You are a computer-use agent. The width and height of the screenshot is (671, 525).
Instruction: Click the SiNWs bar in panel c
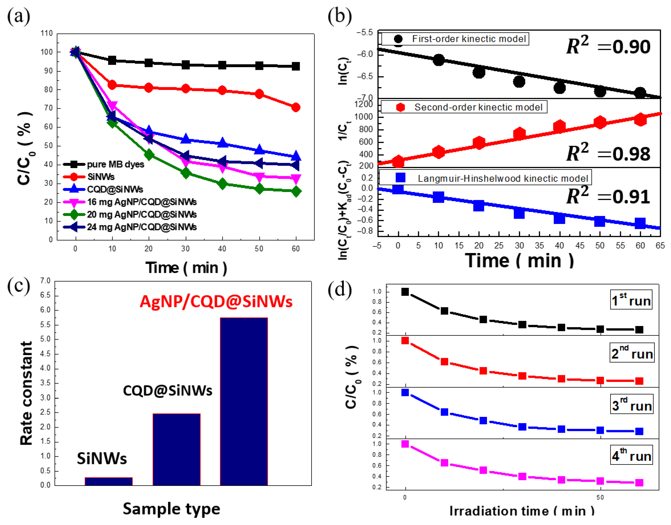point(109,481)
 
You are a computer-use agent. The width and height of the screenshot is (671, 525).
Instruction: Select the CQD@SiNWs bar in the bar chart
point(177,449)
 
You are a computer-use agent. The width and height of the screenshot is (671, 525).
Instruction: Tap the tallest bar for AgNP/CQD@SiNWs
point(244,401)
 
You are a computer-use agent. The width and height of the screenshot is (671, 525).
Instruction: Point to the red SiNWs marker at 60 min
point(296,107)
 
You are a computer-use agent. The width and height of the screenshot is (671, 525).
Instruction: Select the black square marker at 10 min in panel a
point(112,60)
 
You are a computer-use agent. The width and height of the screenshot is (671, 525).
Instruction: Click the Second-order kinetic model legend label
point(478,107)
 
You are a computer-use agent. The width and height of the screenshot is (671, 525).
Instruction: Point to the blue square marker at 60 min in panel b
point(640,223)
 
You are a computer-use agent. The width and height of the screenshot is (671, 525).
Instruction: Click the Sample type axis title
point(171,509)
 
